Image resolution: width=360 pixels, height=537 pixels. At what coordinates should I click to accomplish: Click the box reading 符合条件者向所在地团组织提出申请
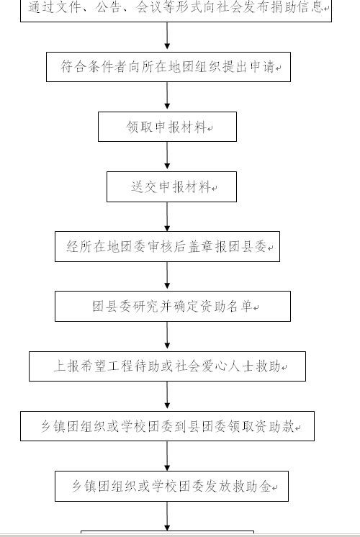168,67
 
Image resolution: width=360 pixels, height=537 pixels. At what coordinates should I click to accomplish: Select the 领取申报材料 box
167,127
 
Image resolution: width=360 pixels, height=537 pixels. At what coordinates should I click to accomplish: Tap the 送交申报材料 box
171,186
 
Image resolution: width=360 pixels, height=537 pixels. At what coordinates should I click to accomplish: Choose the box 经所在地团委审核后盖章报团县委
167,247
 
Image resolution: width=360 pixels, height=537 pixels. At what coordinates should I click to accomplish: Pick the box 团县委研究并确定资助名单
173,306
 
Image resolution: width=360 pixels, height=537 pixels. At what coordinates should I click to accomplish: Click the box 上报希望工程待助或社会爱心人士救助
167,366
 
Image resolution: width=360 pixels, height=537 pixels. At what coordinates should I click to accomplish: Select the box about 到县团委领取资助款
167,426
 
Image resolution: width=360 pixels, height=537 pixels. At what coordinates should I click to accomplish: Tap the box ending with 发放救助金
171,487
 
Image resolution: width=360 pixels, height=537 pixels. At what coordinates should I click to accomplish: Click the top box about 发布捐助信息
176,10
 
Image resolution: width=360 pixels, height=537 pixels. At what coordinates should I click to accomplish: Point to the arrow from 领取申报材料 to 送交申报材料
167,155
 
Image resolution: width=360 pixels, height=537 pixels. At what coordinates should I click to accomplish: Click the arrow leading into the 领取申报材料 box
167,96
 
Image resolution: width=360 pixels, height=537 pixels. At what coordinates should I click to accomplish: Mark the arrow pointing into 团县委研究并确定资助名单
167,276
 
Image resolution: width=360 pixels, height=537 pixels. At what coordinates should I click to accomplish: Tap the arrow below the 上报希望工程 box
167,395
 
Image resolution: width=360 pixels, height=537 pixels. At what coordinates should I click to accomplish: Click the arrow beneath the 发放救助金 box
167,516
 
